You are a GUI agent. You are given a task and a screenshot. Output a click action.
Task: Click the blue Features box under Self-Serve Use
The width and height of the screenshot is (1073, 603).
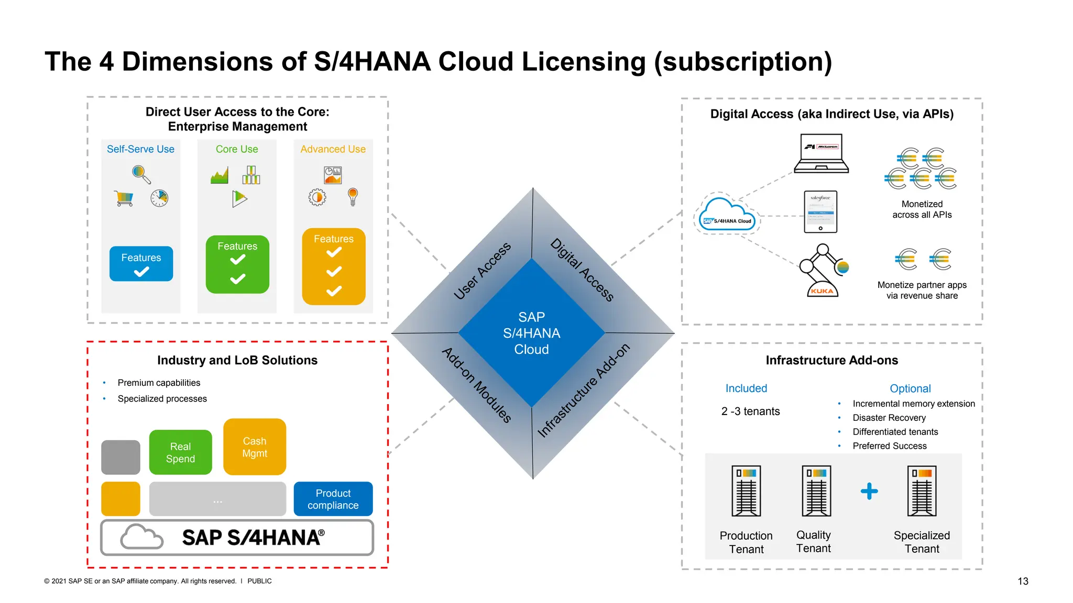point(141,264)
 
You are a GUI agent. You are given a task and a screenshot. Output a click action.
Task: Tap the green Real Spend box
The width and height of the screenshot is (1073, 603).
point(180,452)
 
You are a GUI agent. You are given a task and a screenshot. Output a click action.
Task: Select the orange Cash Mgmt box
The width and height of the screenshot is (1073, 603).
point(255,447)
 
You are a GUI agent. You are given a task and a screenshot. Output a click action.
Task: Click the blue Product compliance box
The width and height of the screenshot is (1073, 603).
point(333,499)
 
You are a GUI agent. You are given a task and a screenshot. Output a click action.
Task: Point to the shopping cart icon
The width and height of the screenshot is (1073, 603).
point(124,198)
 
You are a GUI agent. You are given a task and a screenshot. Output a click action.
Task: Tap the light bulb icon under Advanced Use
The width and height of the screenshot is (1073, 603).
point(353,197)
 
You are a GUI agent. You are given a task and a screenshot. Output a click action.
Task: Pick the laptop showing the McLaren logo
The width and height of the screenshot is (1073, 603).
point(821,154)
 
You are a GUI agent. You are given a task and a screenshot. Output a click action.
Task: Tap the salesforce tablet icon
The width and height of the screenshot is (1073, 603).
point(820,212)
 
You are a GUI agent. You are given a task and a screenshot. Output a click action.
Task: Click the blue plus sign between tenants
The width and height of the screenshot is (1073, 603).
point(869,491)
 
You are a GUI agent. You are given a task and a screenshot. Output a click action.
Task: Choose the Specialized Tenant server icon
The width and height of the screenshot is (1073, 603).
point(922,491)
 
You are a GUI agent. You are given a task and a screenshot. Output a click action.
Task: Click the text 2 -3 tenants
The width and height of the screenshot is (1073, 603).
point(750,411)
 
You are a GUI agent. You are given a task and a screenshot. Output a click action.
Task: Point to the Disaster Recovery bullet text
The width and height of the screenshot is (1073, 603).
point(889,418)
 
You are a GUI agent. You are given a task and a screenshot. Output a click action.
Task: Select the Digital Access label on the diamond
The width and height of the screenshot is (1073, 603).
point(582,270)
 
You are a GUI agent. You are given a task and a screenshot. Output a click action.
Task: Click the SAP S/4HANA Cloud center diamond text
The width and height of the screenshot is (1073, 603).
point(531,333)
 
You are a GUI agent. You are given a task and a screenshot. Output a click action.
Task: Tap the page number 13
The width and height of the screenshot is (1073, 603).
point(1023,581)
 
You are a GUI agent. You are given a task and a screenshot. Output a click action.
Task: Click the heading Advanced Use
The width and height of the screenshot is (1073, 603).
point(333,149)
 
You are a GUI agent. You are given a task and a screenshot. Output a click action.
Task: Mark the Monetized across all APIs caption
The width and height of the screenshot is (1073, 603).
point(922,209)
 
